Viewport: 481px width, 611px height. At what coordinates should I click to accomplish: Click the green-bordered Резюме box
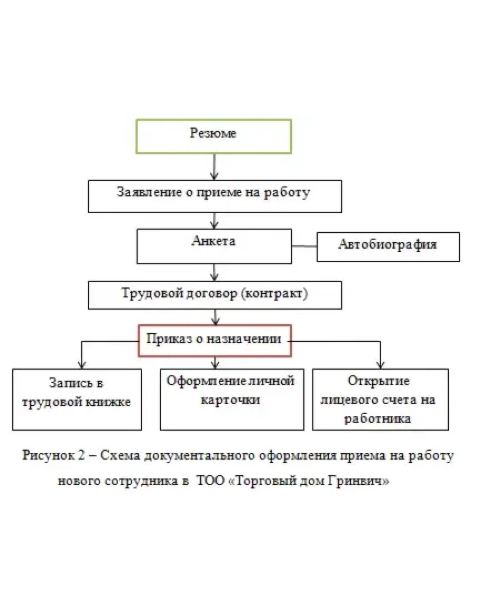(x=214, y=136)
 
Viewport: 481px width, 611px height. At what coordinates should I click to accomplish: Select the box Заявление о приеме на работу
(x=214, y=196)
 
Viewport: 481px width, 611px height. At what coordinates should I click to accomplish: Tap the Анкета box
(x=214, y=245)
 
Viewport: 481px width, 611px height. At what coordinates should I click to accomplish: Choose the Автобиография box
(x=387, y=247)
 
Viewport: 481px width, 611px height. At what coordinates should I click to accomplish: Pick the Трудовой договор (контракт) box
(x=214, y=295)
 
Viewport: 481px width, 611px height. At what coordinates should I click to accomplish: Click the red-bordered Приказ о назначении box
(x=215, y=340)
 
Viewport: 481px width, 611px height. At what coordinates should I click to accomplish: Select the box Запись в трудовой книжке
(x=77, y=399)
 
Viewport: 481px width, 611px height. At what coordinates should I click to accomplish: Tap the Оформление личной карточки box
(x=232, y=399)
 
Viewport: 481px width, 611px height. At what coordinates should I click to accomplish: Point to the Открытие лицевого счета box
(x=380, y=399)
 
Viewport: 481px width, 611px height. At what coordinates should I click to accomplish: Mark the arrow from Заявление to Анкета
(x=214, y=221)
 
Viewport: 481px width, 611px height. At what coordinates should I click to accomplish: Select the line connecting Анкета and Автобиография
(x=304, y=247)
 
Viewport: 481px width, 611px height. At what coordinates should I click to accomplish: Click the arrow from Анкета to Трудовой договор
(x=214, y=272)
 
